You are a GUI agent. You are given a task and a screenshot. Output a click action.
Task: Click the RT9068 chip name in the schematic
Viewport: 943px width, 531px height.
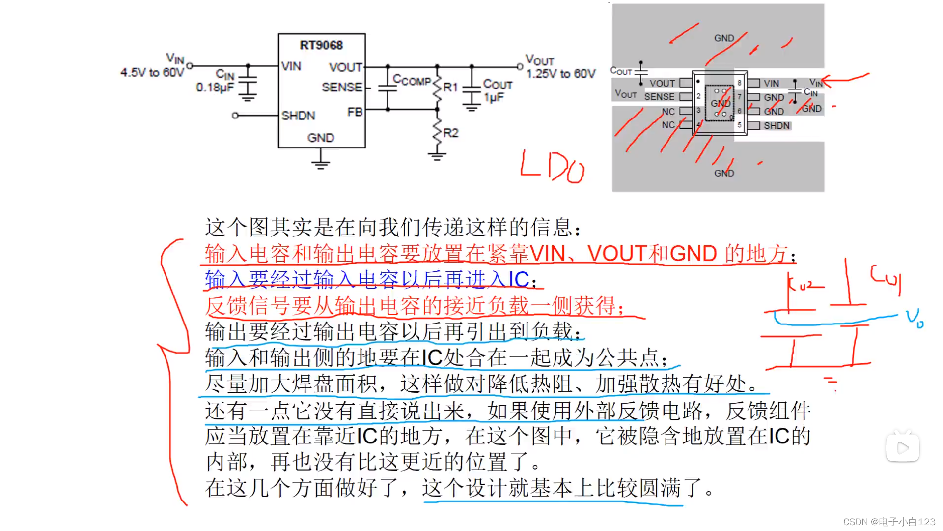click(321, 45)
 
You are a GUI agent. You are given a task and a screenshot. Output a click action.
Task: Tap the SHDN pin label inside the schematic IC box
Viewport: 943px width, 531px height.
click(298, 116)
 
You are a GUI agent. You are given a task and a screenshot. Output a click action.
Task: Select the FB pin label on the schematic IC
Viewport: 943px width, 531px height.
click(355, 112)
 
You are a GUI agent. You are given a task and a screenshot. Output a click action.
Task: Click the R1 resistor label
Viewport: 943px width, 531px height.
click(450, 88)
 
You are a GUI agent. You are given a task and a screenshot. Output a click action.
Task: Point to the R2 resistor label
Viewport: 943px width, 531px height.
click(450, 133)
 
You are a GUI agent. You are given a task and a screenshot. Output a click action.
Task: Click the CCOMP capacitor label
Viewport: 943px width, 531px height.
click(412, 80)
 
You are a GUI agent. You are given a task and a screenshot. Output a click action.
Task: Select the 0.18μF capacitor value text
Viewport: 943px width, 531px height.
click(215, 88)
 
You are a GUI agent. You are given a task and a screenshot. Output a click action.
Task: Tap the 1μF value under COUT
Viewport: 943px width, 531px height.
click(494, 97)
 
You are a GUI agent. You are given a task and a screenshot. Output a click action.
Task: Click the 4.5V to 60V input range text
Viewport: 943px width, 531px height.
click(152, 73)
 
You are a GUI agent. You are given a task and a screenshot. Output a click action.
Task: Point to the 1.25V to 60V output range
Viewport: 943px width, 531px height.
click(561, 74)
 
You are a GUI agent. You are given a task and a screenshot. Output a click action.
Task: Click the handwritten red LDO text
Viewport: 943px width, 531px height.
click(553, 167)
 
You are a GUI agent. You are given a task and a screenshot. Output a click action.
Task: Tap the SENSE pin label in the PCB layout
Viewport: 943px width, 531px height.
click(659, 97)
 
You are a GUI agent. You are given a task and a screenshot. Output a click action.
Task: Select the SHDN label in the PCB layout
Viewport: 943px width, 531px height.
click(777, 126)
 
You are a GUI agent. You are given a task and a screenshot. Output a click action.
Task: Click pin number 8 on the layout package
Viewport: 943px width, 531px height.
click(739, 83)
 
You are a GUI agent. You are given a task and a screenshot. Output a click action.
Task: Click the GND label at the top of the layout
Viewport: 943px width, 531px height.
click(724, 38)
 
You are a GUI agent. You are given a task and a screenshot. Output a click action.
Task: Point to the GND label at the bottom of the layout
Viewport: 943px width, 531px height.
click(724, 173)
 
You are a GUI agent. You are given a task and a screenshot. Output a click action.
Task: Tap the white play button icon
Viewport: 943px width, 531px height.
click(903, 447)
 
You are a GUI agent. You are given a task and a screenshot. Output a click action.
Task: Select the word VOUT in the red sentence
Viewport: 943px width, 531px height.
click(616, 254)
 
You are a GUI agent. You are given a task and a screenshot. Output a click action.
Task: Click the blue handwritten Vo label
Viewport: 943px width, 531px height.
click(915, 318)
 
